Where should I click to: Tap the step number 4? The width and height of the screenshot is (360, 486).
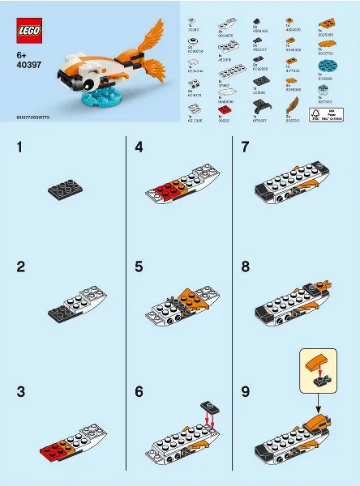[139, 148]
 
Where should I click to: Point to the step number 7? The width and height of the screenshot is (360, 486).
[245, 148]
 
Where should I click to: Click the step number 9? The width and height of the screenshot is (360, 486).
[245, 390]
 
